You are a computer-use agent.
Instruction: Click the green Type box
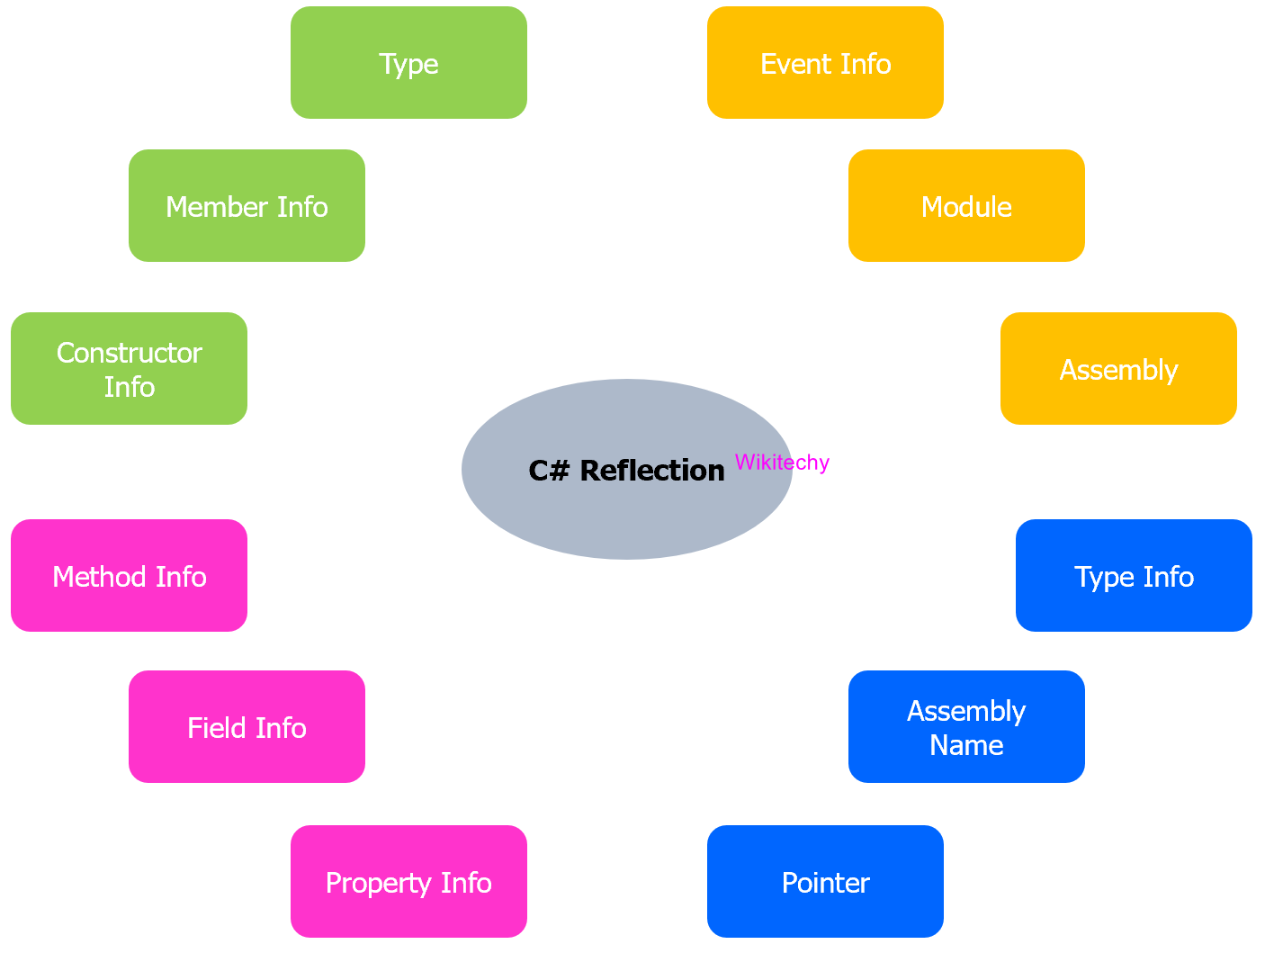(x=408, y=63)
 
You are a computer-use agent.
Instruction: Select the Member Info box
(x=247, y=206)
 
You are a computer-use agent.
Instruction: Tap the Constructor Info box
(x=129, y=369)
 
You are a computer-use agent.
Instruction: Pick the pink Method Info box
(x=129, y=576)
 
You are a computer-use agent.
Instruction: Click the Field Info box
(x=247, y=727)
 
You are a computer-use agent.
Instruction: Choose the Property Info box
(x=408, y=882)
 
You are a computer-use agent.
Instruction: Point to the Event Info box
(x=825, y=63)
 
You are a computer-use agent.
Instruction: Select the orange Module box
(x=966, y=206)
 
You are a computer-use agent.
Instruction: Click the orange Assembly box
(x=1118, y=369)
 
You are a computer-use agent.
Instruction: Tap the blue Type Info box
(x=1134, y=576)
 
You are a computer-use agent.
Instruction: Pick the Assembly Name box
(x=966, y=727)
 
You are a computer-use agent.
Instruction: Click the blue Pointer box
(x=825, y=882)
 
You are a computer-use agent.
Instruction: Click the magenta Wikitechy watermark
(x=782, y=463)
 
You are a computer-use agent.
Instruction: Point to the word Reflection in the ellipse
(x=652, y=471)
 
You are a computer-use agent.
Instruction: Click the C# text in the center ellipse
(x=550, y=471)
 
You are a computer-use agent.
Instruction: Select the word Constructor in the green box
(x=129, y=353)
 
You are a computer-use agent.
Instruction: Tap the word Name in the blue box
(x=966, y=745)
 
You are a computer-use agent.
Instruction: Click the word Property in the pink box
(x=367, y=883)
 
